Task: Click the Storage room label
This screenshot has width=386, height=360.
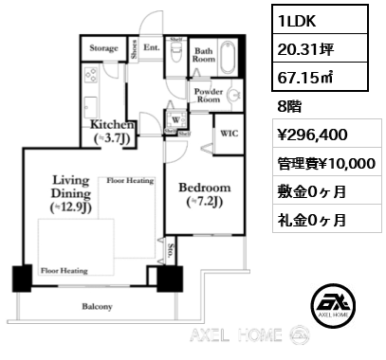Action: pos(103,47)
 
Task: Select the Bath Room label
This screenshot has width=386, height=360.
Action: pos(204,54)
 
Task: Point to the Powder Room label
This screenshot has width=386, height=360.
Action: pos(208,95)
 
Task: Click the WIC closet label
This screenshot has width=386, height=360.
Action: pos(230,135)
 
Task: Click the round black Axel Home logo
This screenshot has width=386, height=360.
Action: pos(336,303)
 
